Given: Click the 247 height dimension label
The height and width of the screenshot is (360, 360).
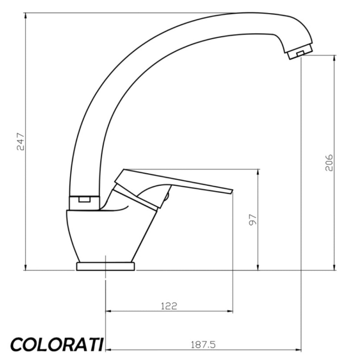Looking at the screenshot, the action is [x=20, y=141].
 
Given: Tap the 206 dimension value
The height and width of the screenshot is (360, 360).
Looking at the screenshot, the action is [x=329, y=162].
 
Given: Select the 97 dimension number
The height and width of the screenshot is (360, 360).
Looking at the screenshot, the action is [x=253, y=220].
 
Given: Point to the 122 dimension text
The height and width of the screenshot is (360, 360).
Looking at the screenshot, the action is [x=169, y=306].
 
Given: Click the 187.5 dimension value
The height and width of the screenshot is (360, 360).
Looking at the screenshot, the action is [x=203, y=345].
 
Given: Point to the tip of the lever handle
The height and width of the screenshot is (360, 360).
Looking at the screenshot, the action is [x=232, y=191].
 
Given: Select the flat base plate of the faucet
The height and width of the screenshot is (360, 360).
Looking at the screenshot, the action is [x=105, y=266].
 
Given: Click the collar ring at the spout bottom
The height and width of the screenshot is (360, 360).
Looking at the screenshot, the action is [x=84, y=203].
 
